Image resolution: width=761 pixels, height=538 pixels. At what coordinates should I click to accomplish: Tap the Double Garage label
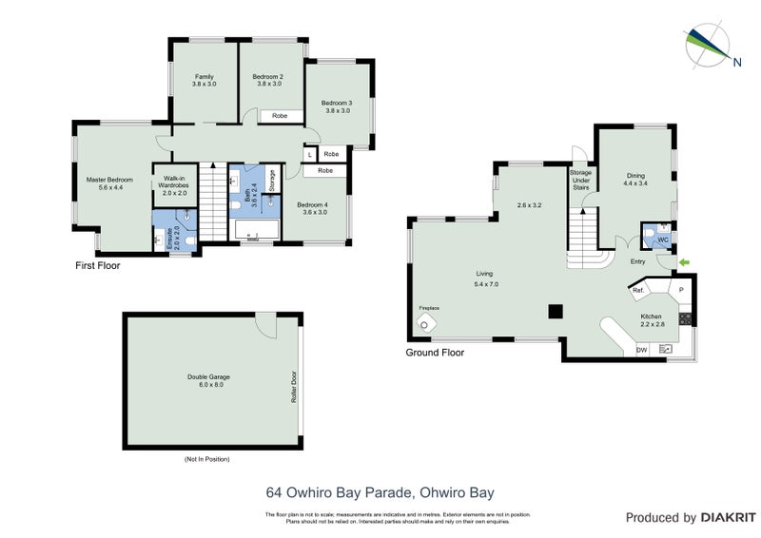208,380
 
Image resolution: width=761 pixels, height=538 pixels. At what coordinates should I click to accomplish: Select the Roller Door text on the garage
295,385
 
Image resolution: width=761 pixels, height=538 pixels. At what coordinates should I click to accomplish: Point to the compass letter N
737,65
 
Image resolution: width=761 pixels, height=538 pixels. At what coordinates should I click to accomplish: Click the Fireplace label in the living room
429,309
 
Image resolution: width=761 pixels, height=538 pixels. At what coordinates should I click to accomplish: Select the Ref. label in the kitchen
639,289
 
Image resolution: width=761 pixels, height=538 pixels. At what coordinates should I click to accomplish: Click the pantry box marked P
681,289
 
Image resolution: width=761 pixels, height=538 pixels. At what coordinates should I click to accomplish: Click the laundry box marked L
309,154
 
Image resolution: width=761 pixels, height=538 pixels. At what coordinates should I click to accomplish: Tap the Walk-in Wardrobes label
174,184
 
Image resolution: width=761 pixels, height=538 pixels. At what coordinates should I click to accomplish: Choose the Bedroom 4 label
312,208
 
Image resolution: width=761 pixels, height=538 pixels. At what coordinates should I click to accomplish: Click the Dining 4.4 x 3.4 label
636,179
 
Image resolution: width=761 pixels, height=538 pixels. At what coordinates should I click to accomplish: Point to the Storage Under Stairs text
580,180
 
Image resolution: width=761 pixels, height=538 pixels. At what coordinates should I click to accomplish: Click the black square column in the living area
554,309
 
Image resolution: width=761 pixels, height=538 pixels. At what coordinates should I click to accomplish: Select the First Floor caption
98,266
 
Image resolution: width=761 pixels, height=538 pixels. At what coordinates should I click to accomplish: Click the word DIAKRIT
726,518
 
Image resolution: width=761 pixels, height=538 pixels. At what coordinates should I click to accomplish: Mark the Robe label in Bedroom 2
280,115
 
